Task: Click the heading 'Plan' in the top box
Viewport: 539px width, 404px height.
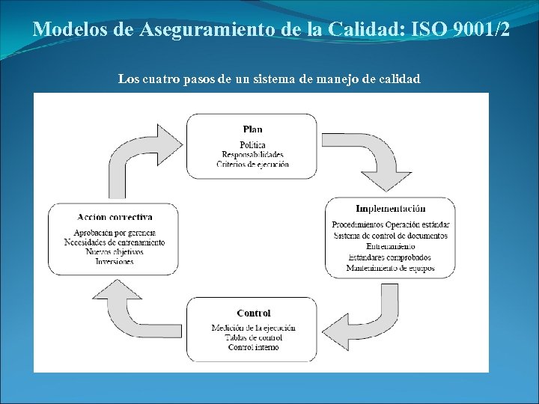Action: click(252, 129)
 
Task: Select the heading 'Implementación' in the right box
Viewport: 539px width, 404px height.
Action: click(390, 209)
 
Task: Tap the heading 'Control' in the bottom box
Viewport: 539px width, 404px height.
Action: click(253, 313)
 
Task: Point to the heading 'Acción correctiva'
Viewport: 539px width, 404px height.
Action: click(115, 217)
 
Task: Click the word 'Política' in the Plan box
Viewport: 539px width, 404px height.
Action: click(252, 144)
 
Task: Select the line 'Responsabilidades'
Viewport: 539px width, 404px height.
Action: click(252, 154)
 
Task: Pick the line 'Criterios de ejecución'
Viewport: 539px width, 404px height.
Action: click(252, 164)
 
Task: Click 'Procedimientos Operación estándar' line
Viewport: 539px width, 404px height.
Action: click(390, 224)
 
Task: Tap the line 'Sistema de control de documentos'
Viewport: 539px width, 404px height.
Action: click(390, 236)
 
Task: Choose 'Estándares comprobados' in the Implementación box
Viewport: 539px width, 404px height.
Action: click(390, 257)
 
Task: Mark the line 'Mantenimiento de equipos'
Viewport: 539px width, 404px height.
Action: click(390, 267)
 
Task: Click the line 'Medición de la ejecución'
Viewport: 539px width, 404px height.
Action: click(253, 328)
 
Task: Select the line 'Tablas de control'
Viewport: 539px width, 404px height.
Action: click(253, 337)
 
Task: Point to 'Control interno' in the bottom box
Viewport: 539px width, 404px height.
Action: click(253, 347)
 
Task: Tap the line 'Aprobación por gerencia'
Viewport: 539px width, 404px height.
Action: click(115, 233)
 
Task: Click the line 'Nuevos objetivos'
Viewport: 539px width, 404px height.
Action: click(115, 252)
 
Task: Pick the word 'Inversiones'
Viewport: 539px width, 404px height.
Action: click(115, 262)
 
